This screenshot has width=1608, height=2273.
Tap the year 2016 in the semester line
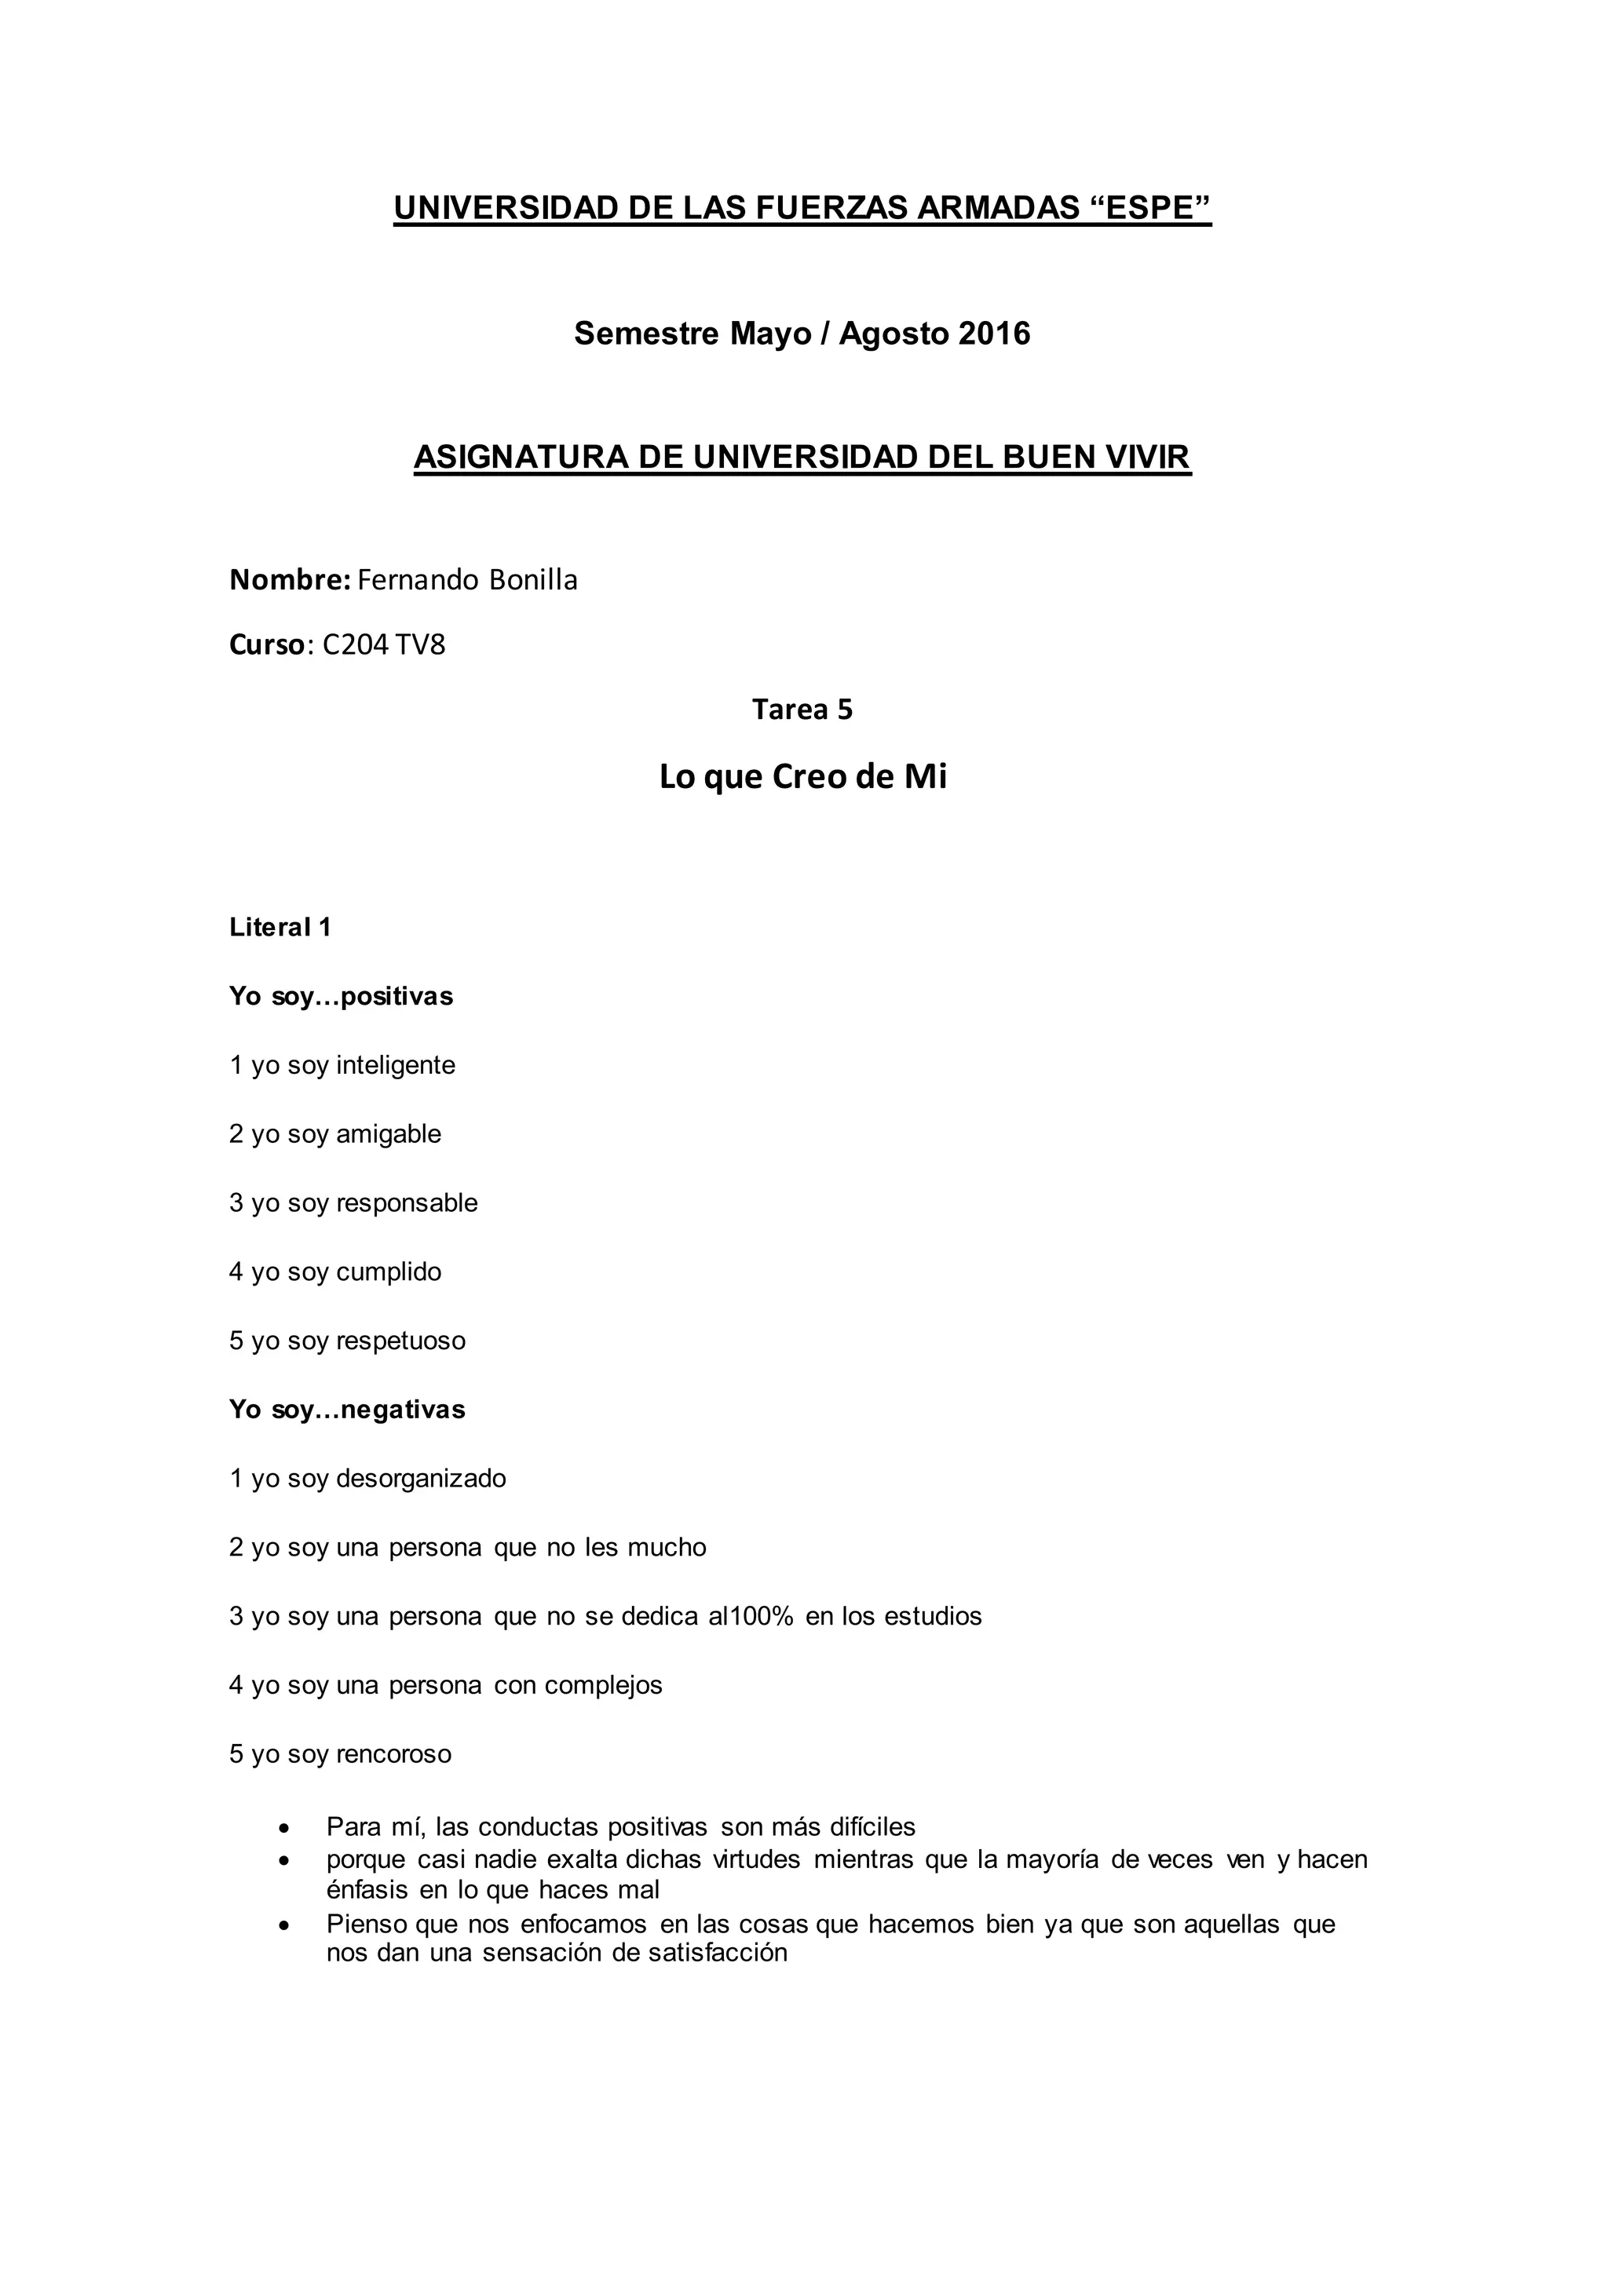(994, 334)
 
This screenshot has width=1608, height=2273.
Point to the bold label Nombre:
(289, 580)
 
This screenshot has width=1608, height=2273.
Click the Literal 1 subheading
(280, 928)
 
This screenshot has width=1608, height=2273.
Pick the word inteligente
(395, 1065)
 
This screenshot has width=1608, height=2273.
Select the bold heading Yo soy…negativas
(346, 1410)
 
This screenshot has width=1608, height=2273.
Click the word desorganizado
(421, 1478)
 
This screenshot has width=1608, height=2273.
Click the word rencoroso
(393, 1754)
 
